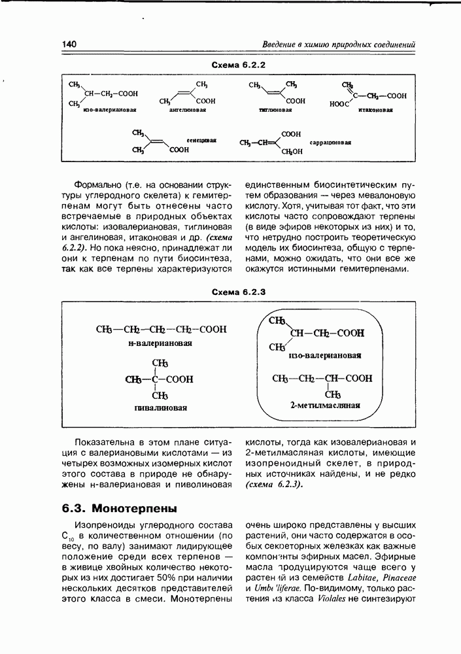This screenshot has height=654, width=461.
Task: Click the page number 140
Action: [69, 44]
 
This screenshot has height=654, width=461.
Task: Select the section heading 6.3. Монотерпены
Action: [120, 508]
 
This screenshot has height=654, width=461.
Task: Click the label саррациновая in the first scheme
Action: [330, 142]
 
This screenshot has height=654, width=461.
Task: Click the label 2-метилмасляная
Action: [325, 405]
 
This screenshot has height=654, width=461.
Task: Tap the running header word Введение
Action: [279, 44]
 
